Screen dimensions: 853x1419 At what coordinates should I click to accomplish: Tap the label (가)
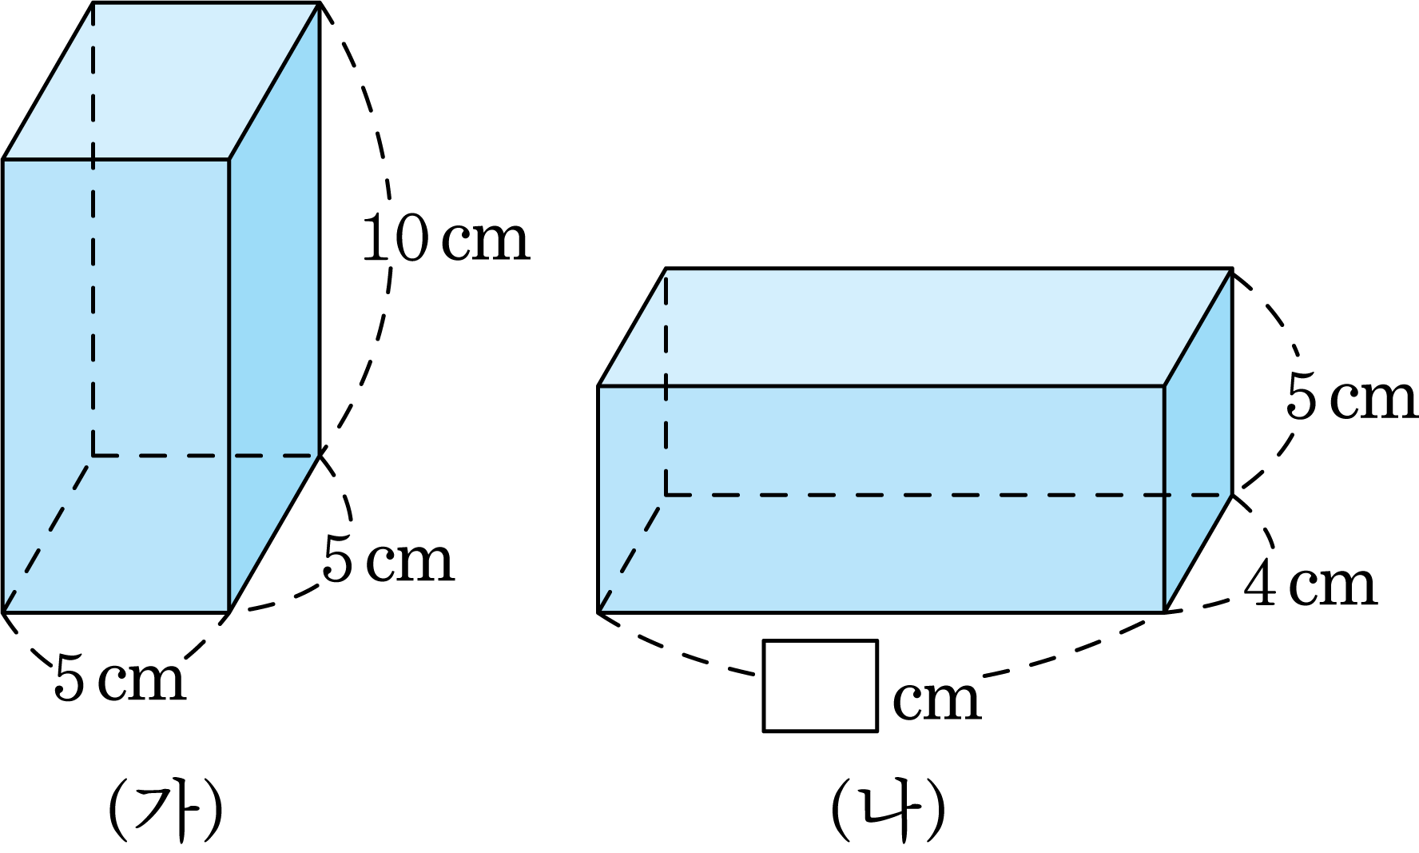point(166,809)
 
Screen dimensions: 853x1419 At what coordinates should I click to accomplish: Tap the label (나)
point(888,809)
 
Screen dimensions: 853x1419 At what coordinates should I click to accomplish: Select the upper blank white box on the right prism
point(821,686)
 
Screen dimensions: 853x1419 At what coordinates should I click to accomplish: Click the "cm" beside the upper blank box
point(936,700)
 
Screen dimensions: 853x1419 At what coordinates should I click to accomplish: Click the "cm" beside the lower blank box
point(935,841)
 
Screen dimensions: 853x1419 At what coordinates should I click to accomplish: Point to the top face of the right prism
point(915,329)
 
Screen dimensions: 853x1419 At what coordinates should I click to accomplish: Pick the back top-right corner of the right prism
point(1230,272)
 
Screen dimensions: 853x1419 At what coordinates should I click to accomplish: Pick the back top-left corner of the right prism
point(666,272)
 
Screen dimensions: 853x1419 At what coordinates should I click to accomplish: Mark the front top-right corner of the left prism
point(229,159)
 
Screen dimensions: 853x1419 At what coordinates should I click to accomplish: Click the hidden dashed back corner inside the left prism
point(93,456)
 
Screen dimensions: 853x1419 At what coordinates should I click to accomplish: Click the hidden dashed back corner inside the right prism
point(666,495)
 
